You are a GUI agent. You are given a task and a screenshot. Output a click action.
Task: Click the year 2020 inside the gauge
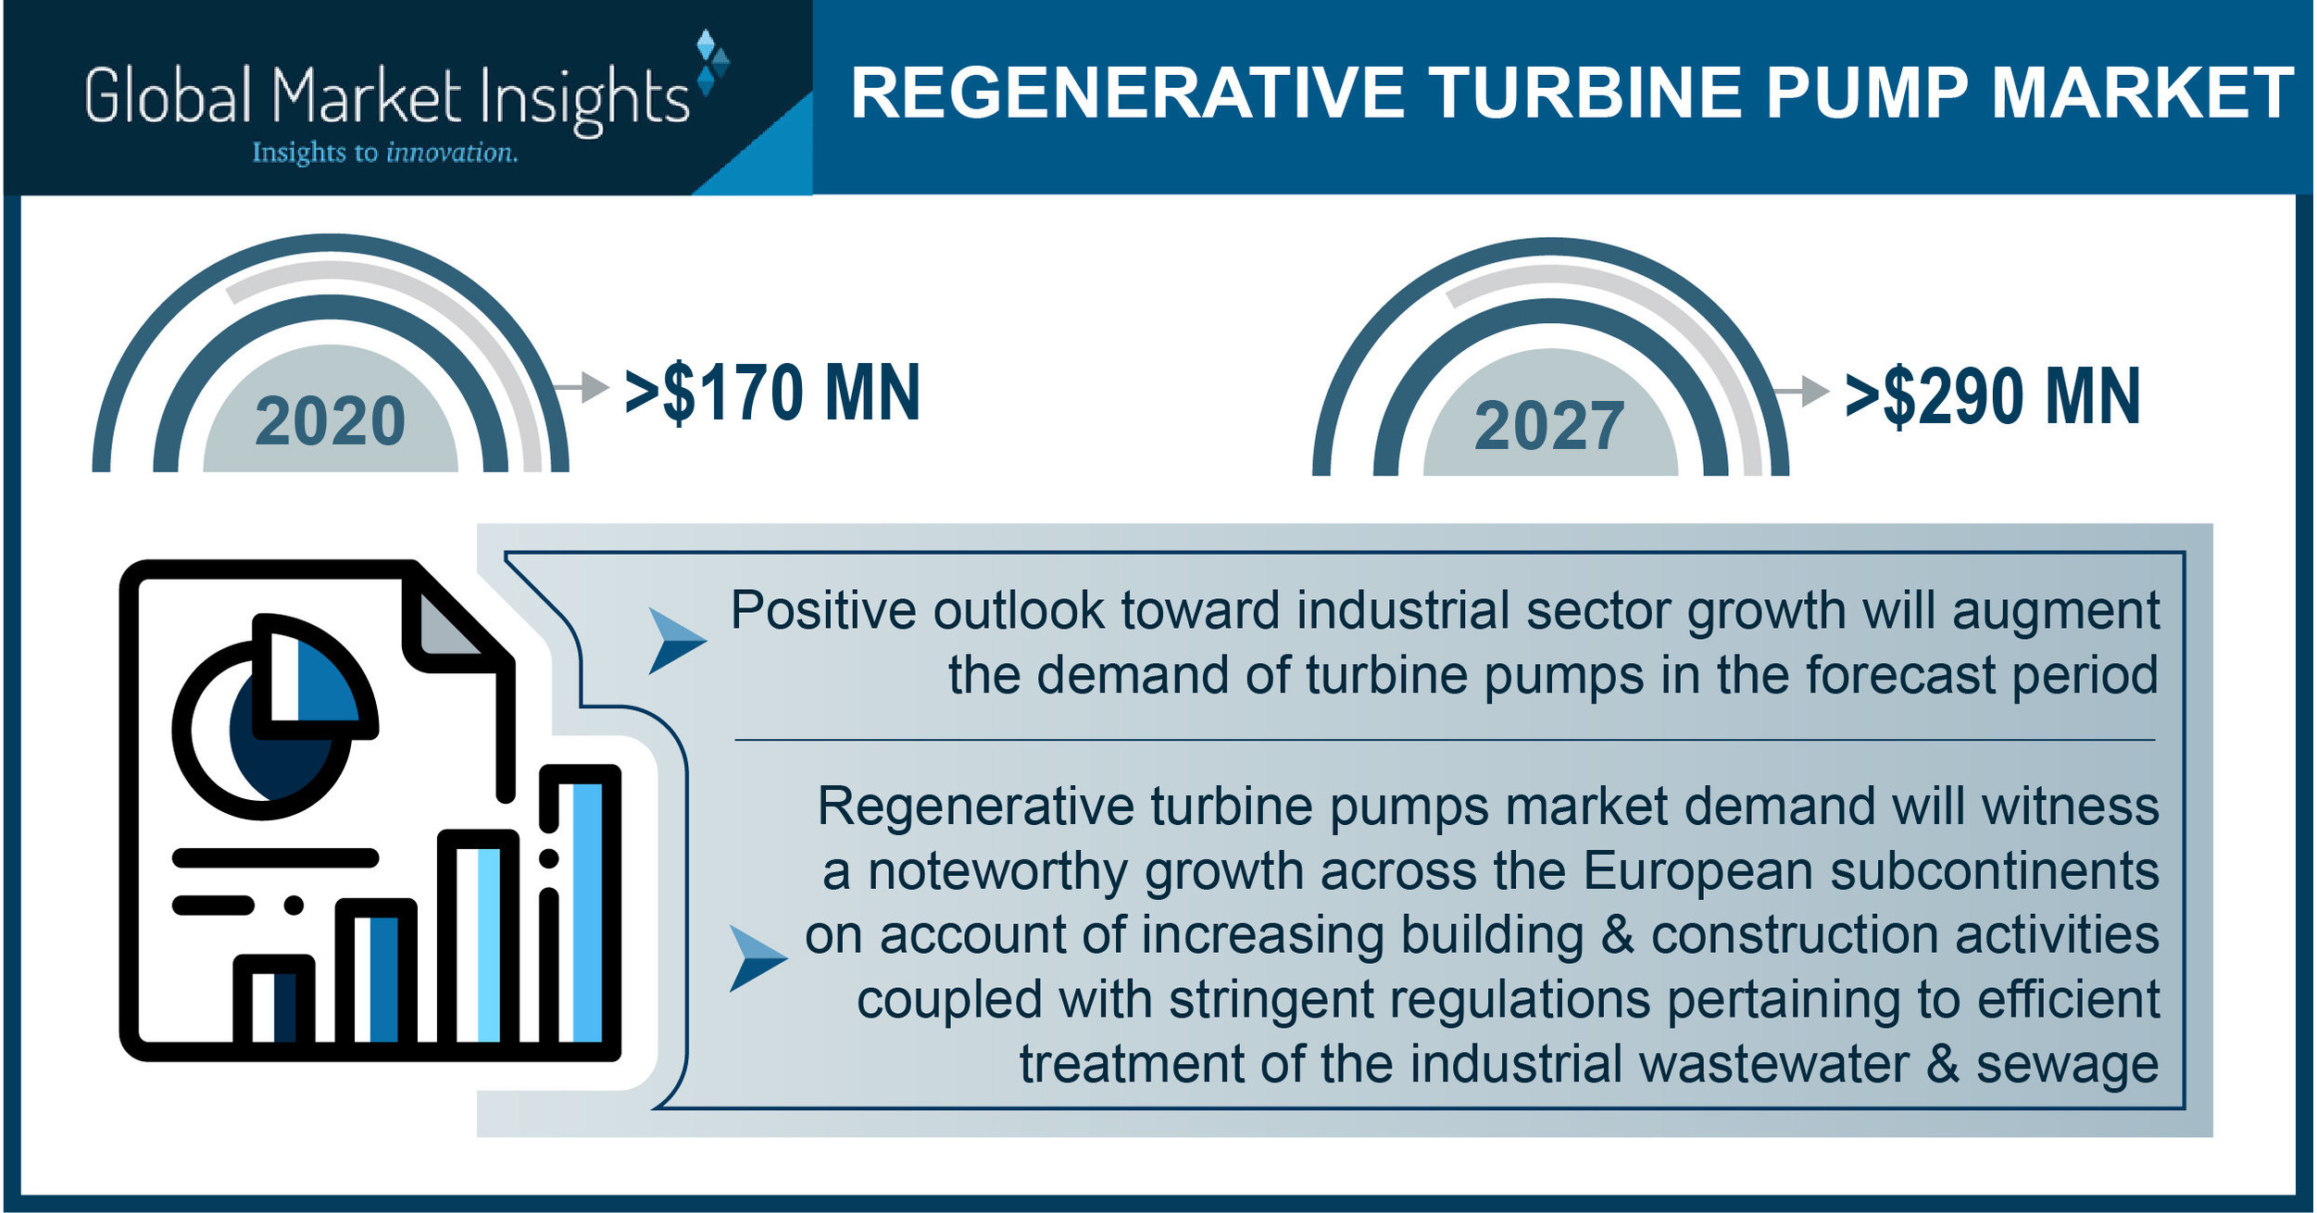[330, 421]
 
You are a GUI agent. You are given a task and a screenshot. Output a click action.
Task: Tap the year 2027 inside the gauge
[1549, 426]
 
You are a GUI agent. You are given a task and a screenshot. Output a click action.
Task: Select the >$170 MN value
[772, 394]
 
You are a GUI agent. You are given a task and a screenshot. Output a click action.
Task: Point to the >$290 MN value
[1993, 397]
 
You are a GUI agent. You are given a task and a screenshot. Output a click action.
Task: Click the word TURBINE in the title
[1586, 94]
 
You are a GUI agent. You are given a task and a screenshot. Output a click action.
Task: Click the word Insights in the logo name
[584, 98]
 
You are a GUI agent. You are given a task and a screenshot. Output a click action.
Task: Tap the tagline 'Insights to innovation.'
[384, 153]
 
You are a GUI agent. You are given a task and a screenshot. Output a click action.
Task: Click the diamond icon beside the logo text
[711, 63]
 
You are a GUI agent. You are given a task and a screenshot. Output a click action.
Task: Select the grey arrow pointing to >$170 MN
[582, 386]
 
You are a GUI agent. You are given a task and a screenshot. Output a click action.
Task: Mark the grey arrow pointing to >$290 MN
[1803, 391]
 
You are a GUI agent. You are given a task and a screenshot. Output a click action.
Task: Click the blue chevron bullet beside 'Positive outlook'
[675, 640]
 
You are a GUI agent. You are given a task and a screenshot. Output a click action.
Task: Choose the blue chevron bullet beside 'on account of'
[756, 958]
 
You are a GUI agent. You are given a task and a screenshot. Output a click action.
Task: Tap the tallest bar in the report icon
[580, 907]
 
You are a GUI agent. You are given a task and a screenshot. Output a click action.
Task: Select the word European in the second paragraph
[1698, 871]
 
